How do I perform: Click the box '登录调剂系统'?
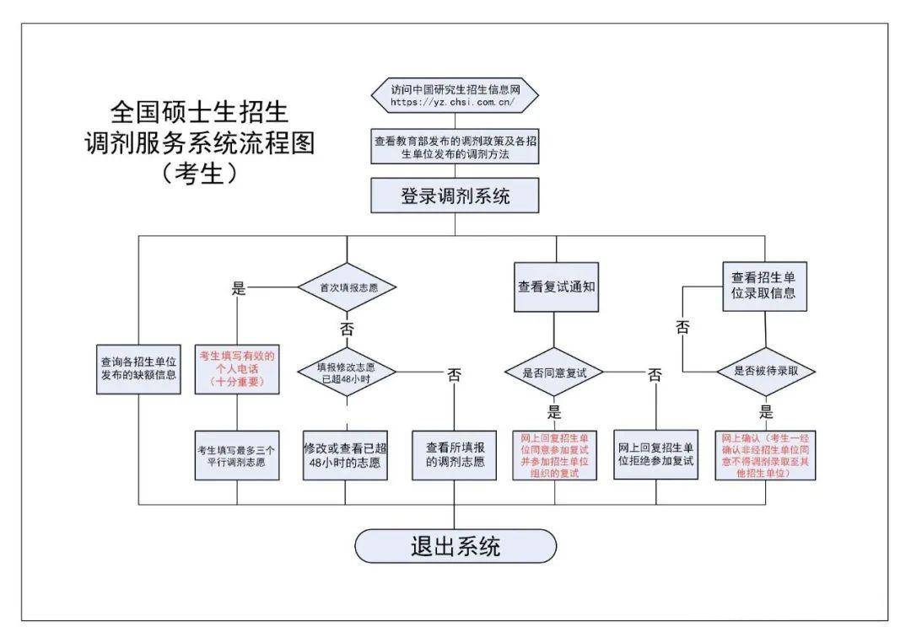(x=455, y=196)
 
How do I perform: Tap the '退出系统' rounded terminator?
(x=455, y=546)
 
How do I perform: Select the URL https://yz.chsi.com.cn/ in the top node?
(x=453, y=103)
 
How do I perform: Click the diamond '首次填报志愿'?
(x=346, y=287)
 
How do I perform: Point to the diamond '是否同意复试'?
(x=555, y=372)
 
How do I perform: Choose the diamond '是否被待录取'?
(x=765, y=372)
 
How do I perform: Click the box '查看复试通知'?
(x=556, y=287)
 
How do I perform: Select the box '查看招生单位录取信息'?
(x=764, y=286)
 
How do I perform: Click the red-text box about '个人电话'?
(x=237, y=368)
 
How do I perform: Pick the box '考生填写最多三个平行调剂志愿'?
(x=237, y=455)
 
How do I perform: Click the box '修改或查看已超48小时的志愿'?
(x=346, y=456)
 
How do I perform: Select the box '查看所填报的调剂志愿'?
(x=455, y=456)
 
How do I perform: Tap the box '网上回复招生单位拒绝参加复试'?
(x=655, y=455)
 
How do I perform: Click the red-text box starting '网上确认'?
(x=765, y=456)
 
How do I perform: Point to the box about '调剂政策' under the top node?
(x=455, y=148)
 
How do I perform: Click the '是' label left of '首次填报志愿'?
(x=238, y=288)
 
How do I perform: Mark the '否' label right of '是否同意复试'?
(x=655, y=374)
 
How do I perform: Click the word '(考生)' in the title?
(x=199, y=173)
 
